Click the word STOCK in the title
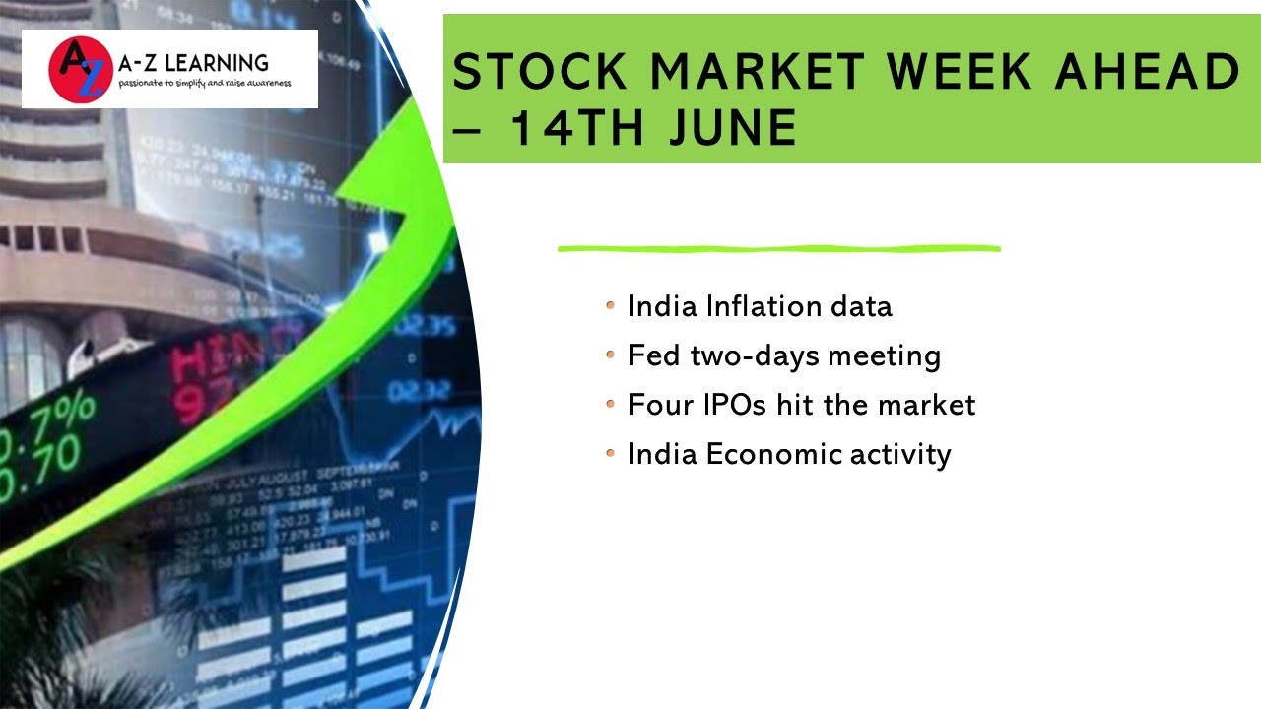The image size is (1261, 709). click(x=539, y=73)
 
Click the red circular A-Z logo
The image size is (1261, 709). click(x=76, y=69)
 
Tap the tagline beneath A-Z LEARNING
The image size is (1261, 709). click(x=204, y=84)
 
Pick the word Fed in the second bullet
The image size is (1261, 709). click(x=654, y=355)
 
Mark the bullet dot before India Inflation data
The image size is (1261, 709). click(x=611, y=306)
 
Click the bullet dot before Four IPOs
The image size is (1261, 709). click(x=611, y=404)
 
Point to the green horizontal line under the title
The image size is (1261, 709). click(x=778, y=249)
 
